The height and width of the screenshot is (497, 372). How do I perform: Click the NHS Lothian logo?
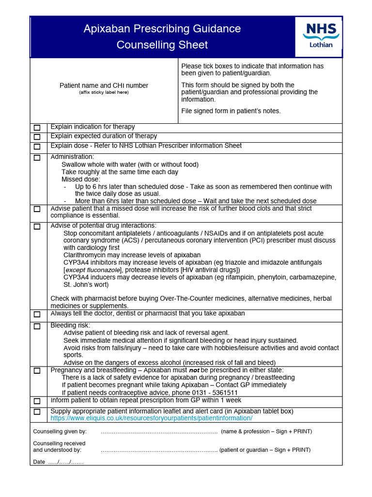[320, 34]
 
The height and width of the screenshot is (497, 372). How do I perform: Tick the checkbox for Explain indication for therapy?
[37, 128]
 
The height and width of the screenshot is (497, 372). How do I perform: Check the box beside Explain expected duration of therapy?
[37, 137]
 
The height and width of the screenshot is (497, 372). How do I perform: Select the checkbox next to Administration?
[37, 158]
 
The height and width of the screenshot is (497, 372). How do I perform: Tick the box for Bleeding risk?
[37, 326]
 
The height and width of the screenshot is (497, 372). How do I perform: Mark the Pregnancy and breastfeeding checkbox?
[37, 371]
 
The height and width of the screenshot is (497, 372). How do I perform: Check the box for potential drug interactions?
[37, 227]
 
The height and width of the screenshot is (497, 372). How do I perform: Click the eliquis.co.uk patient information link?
[151, 418]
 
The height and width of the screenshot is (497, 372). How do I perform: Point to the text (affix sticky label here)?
[104, 92]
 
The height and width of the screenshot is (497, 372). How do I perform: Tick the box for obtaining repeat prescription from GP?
[37, 401]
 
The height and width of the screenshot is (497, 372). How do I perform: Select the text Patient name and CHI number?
[104, 85]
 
